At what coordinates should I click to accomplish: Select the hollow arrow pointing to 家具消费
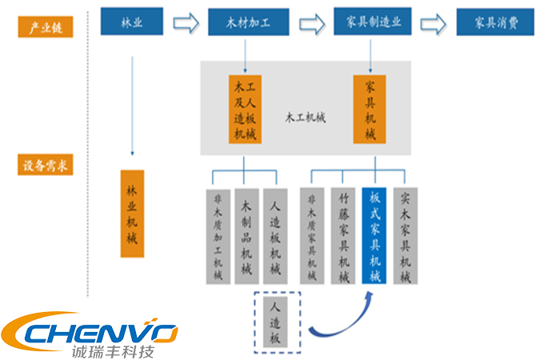point(435,22)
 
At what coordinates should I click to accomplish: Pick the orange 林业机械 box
point(131,213)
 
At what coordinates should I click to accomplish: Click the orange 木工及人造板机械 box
point(244,109)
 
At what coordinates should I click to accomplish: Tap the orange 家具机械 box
point(370,109)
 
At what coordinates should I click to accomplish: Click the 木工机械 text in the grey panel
point(306,117)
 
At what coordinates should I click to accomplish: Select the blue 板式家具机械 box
point(374,236)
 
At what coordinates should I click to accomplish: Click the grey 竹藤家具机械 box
point(344,236)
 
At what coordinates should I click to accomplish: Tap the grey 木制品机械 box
point(247,236)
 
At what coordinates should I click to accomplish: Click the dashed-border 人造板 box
point(275,322)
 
